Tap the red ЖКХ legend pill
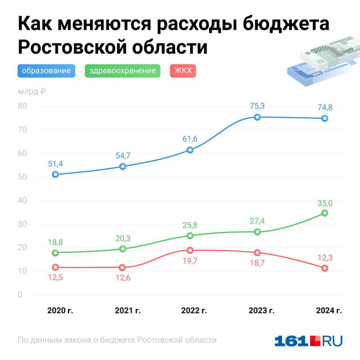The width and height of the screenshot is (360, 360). click(183, 71)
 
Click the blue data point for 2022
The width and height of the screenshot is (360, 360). click(190, 150)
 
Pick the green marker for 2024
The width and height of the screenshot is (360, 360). click(324, 213)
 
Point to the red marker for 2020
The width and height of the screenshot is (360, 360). click(55, 267)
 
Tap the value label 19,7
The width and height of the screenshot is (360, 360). click(190, 262)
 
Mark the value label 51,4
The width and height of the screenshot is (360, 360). click(55, 164)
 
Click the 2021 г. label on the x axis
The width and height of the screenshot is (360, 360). click(128, 311)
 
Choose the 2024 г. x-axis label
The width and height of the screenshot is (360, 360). click(329, 311)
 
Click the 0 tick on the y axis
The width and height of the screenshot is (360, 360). click(21, 295)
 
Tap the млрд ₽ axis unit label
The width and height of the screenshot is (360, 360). click(32, 92)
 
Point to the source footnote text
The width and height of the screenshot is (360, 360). click(117, 340)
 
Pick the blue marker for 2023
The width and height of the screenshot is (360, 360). click(257, 117)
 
